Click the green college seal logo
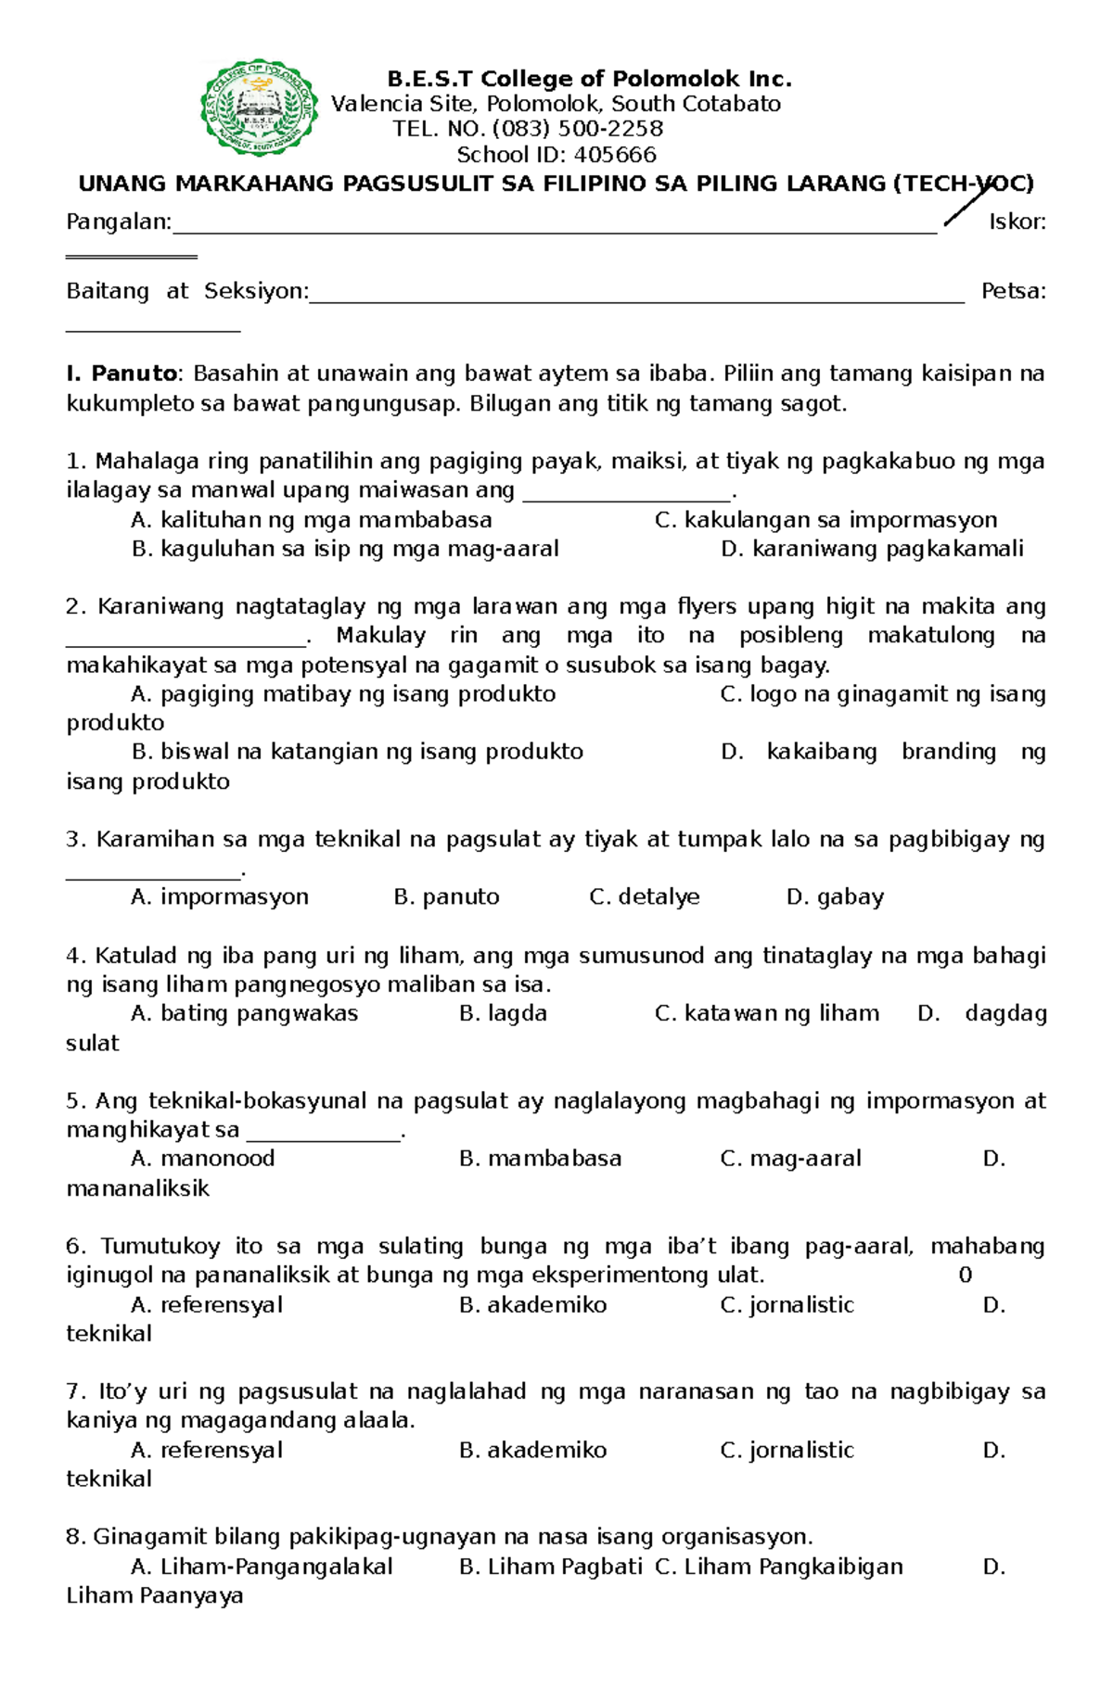tap(260, 108)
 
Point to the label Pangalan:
tap(119, 222)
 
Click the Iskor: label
tap(1017, 222)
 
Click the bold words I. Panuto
tap(122, 374)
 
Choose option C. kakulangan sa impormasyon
tap(825, 520)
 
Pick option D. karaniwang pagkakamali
tap(872, 549)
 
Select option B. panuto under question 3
tap(446, 897)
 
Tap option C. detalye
tap(645, 897)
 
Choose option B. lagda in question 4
tap(503, 1013)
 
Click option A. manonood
tap(203, 1159)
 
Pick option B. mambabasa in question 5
tap(540, 1159)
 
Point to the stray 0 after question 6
tap(965, 1276)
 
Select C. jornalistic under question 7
tap(787, 1450)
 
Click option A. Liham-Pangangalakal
tap(262, 1567)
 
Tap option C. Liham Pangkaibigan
tap(778, 1567)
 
